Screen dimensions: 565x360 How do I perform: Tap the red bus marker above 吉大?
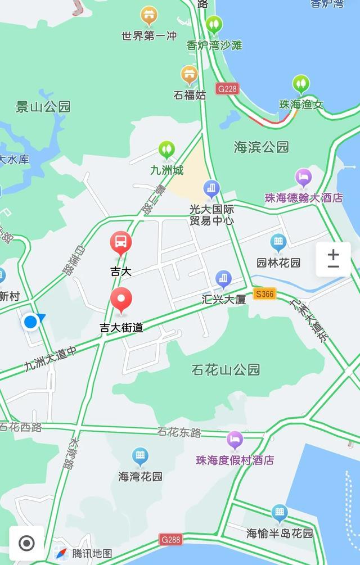(x=120, y=243)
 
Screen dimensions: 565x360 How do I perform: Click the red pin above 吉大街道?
(x=121, y=300)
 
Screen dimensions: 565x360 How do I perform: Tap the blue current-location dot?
(x=30, y=322)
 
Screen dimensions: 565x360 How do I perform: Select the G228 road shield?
(x=228, y=89)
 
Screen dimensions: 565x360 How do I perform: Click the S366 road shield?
(x=264, y=293)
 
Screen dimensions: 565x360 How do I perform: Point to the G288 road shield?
(x=171, y=540)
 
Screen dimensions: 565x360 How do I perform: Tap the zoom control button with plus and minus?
(x=333, y=259)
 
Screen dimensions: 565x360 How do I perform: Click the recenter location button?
(x=26, y=543)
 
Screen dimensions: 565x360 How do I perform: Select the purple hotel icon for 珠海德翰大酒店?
(x=304, y=178)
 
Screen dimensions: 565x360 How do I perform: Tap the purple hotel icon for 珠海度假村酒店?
(x=235, y=440)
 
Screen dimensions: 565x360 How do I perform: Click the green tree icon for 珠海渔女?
(x=301, y=85)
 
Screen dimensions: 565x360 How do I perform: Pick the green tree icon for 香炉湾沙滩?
(x=214, y=25)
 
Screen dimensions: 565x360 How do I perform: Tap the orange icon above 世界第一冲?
(x=149, y=16)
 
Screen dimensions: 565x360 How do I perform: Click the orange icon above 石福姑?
(x=190, y=74)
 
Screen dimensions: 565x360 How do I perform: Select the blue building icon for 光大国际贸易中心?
(x=211, y=189)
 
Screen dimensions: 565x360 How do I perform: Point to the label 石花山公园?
(x=226, y=369)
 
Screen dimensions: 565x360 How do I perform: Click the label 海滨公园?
(x=261, y=147)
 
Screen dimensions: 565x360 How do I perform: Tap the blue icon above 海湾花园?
(x=140, y=456)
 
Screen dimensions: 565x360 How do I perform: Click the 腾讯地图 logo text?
(x=92, y=554)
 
